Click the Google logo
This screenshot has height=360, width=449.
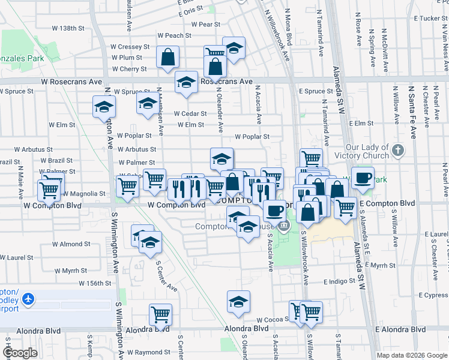pos(20,353)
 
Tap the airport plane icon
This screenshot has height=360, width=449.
pos(28,298)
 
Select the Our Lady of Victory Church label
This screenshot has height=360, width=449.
pos(367,152)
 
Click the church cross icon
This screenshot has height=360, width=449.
pos(397,149)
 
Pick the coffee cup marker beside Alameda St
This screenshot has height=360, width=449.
pos(362,178)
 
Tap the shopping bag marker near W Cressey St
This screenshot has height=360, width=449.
pos(168,57)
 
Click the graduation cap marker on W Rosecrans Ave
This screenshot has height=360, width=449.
pos(187,82)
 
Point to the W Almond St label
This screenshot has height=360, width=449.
pos(71,244)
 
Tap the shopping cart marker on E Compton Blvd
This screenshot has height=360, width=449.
pos(345,208)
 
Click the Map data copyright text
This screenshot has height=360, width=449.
pos(411,355)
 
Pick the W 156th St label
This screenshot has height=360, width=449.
pos(95,283)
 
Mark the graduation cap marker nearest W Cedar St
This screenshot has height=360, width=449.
pos(148,104)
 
